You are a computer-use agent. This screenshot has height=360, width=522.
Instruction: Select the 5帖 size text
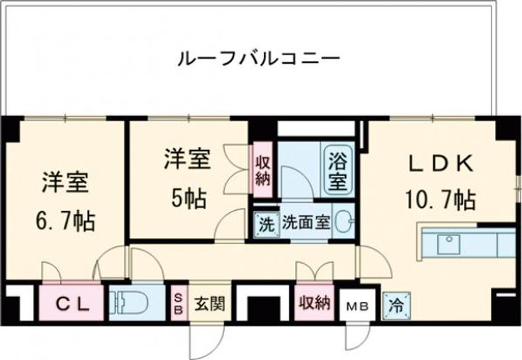189,196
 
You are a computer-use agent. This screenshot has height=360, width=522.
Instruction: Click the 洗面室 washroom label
306,222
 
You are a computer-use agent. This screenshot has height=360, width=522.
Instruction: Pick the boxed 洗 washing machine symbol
265,224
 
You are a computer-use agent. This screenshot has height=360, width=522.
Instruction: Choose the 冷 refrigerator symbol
397,304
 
